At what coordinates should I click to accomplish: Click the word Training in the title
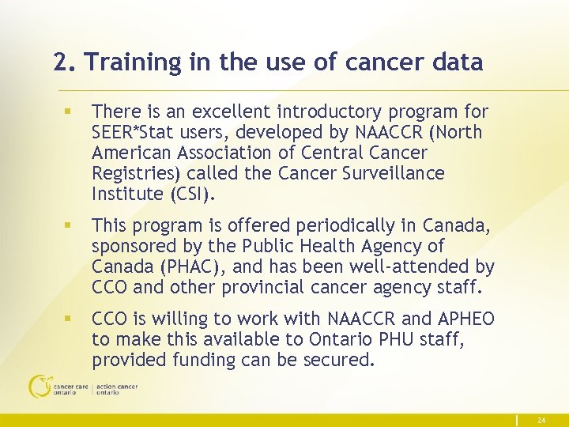130,62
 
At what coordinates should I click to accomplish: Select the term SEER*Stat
132,132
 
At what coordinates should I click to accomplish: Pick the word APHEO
466,319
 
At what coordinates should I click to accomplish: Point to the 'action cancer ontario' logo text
116,389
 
